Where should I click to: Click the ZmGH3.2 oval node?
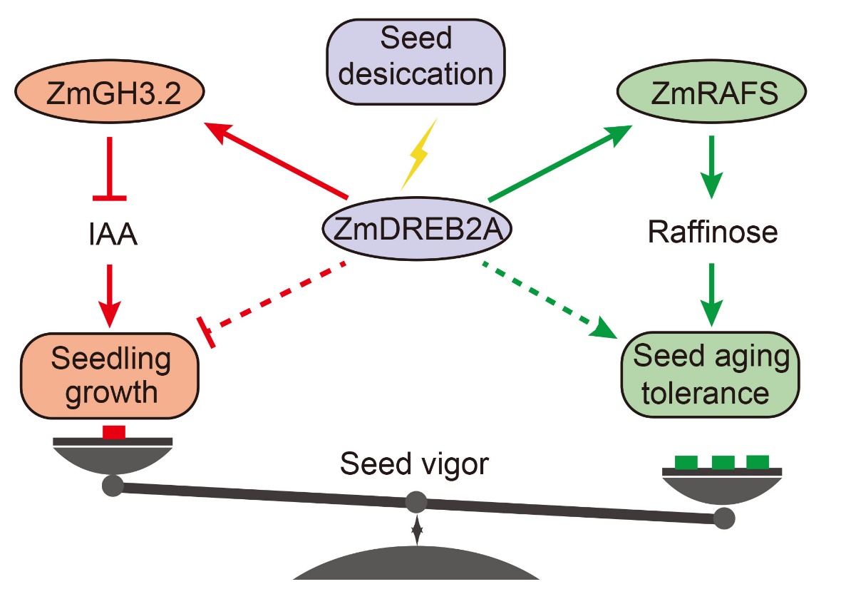[109, 93]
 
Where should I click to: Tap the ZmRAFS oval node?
[711, 93]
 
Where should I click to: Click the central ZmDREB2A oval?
[417, 230]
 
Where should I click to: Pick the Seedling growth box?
[110, 375]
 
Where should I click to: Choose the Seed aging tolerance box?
[711, 375]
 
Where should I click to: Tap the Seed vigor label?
[414, 464]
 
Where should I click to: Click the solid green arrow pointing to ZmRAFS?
[560, 162]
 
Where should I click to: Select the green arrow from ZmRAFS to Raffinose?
[711, 168]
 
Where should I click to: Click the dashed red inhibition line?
[275, 299]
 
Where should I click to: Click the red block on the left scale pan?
[113, 431]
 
